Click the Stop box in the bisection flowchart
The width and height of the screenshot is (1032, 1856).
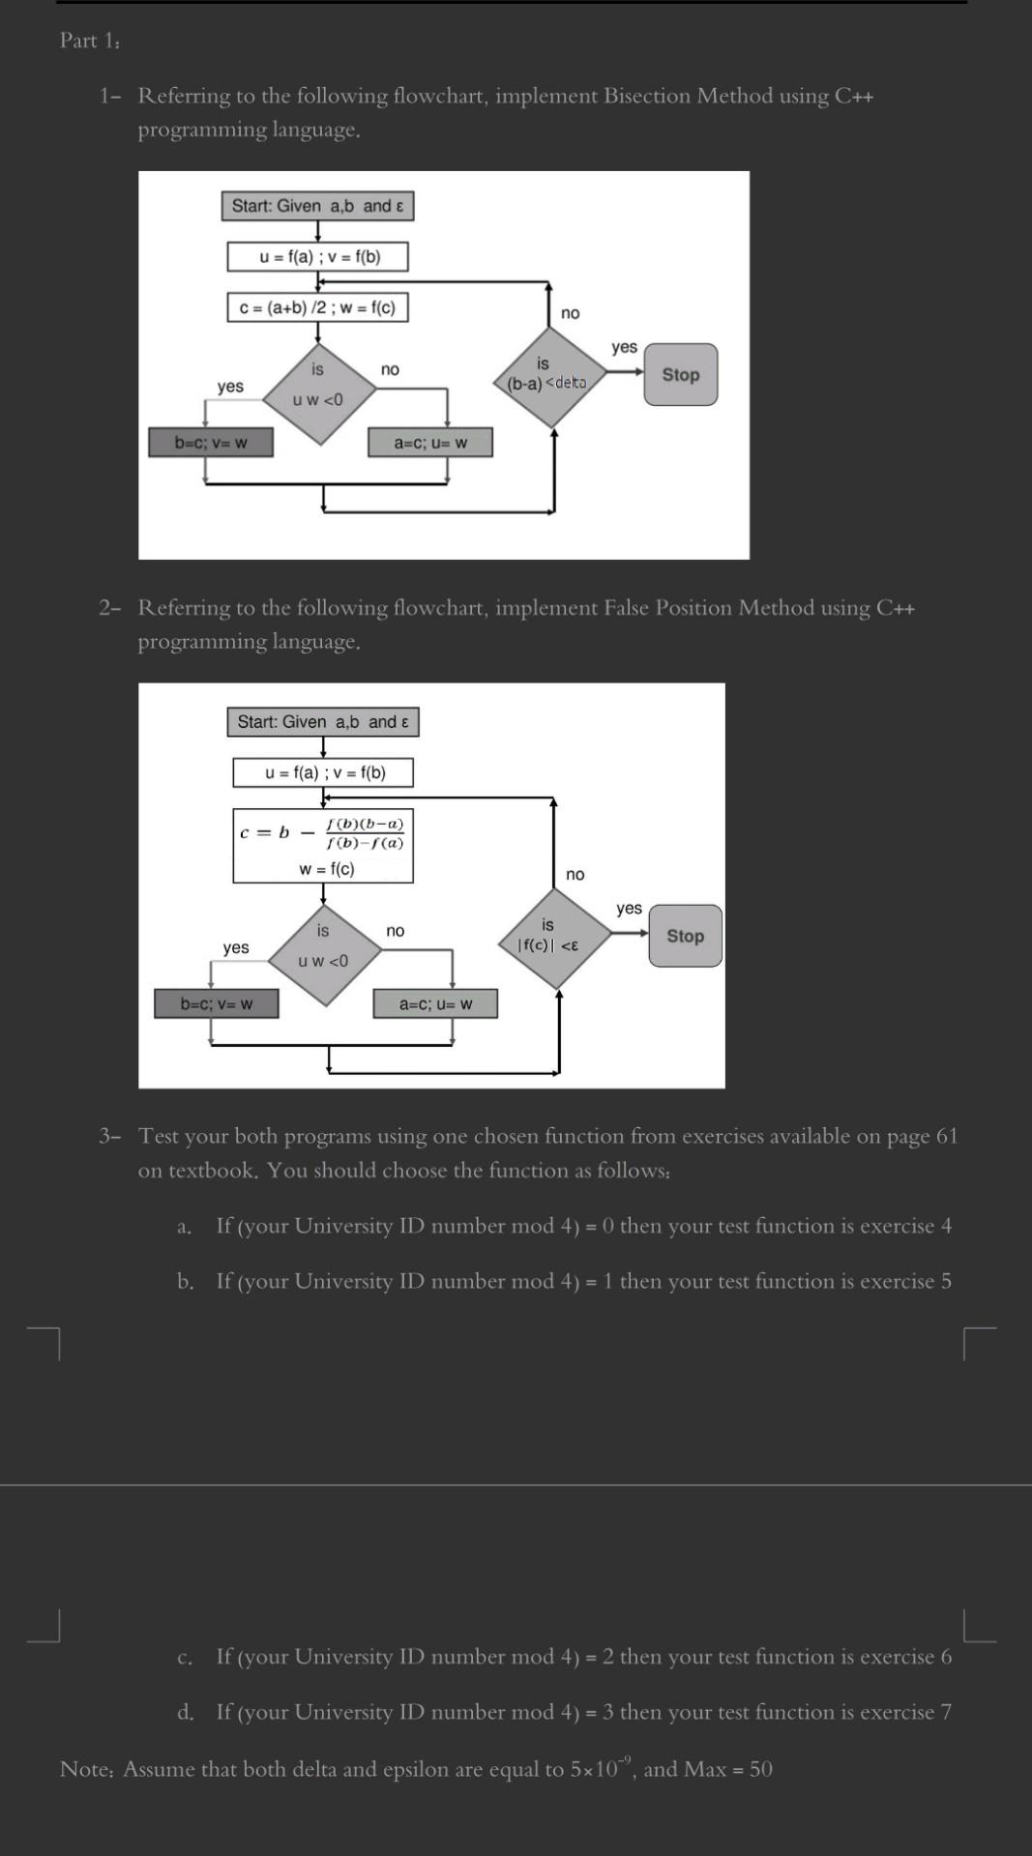pos(681,374)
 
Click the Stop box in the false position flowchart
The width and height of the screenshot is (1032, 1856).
pos(685,936)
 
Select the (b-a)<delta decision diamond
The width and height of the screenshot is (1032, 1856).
pos(548,377)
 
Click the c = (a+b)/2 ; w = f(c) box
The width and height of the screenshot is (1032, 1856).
pos(317,307)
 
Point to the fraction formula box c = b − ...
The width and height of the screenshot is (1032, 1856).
pos(323,845)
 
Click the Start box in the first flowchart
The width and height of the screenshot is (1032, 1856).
pos(317,206)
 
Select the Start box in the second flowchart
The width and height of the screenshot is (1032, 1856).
pos(323,722)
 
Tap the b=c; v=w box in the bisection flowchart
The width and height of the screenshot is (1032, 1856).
pos(210,443)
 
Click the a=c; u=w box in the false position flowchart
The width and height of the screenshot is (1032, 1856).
pos(435,1003)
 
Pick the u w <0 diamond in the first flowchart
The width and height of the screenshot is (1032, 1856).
pos(317,392)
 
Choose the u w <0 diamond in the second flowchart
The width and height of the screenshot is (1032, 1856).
pos(323,954)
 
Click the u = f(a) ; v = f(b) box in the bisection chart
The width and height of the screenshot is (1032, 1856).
pos(317,256)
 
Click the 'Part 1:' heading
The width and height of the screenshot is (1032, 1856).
pos(90,41)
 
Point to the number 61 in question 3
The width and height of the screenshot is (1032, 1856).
pos(946,1136)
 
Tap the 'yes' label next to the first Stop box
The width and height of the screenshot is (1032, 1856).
pos(624,346)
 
